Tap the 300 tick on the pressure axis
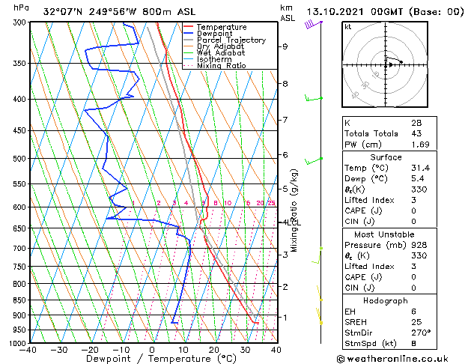pyautogui.click(x=18, y=22)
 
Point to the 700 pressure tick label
pyautogui.click(x=18, y=248)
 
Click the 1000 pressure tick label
pyautogui.click(x=16, y=343)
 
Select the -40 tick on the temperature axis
pyautogui.click(x=28, y=350)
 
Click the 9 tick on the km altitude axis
pyautogui.click(x=285, y=46)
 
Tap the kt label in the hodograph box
pyautogui.click(x=347, y=27)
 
